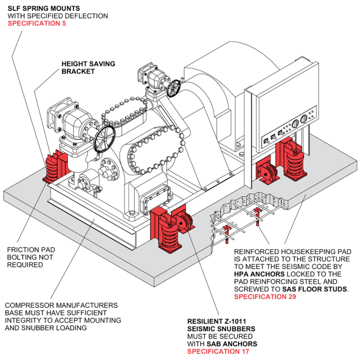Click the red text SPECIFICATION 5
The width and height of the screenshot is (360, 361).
point(37,23)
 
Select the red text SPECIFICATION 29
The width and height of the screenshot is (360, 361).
point(265,296)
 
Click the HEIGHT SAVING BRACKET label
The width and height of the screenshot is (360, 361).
point(88,67)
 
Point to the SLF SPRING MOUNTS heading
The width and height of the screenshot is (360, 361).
point(44,8)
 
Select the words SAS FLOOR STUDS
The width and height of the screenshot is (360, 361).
point(315,289)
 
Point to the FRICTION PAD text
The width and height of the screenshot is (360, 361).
point(28,250)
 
